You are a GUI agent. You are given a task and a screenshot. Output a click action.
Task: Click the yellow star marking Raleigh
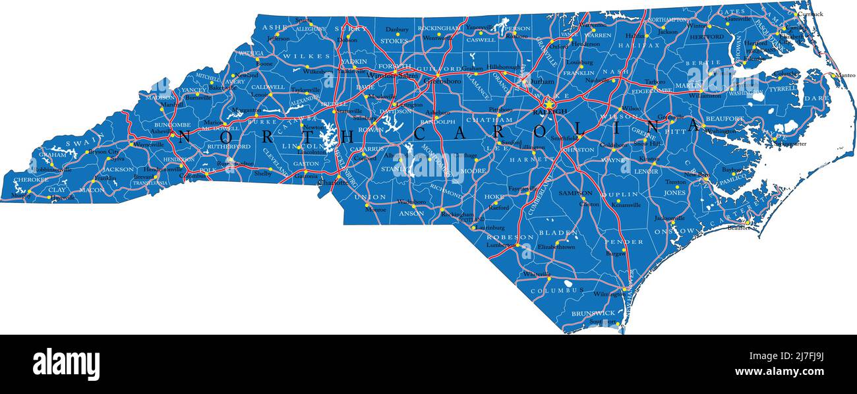[548, 103]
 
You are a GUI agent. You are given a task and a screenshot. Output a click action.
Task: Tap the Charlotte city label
[333, 183]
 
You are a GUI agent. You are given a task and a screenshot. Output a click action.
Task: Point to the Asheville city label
[160, 132]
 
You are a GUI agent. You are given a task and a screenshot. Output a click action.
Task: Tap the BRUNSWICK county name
[593, 313]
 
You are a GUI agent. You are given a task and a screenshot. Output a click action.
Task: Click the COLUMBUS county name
[557, 290]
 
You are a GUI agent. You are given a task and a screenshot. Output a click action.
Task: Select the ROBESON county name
[510, 237]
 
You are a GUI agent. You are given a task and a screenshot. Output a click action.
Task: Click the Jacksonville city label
[669, 217]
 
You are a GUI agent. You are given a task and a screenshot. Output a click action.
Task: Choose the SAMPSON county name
[576, 193]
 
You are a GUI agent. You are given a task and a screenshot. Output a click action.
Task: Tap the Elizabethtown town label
[556, 247]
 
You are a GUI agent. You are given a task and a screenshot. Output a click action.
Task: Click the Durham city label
[543, 82]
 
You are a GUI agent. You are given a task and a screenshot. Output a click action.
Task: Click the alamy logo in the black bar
[66, 363]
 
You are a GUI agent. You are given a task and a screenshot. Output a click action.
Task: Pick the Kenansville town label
[626, 205]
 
